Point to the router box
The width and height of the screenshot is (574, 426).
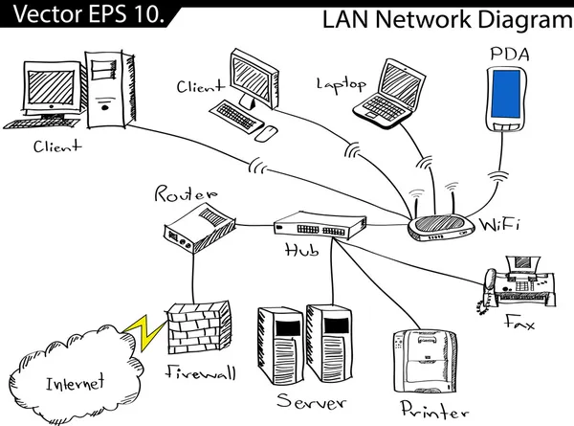[199, 226]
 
